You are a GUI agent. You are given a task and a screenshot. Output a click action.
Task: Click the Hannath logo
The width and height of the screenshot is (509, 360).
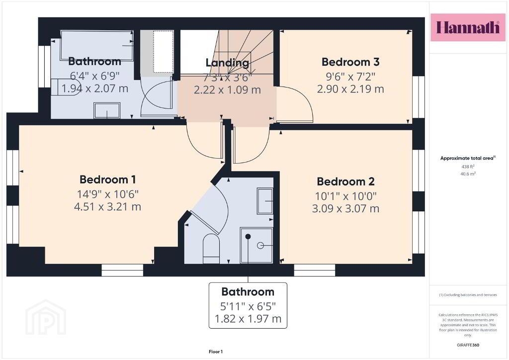click(x=468, y=27)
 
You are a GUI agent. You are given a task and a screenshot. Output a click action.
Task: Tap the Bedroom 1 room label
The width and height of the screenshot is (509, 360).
click(x=107, y=180)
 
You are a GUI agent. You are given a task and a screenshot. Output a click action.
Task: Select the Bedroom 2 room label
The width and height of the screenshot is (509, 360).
click(x=346, y=181)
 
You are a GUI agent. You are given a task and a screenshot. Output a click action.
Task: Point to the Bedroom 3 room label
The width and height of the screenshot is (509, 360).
click(x=350, y=62)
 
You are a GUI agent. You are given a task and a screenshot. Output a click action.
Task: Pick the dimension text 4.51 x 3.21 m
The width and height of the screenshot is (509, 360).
click(x=107, y=207)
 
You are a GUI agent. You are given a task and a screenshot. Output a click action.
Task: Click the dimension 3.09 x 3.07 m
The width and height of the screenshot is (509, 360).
click(x=346, y=208)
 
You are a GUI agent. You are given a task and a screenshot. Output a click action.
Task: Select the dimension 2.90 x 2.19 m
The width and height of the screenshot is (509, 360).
click(x=350, y=89)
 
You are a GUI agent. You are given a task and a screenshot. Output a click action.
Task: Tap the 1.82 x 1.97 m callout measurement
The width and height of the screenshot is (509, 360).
click(x=248, y=319)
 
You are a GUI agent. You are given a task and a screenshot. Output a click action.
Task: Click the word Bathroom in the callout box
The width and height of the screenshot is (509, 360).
click(x=248, y=292)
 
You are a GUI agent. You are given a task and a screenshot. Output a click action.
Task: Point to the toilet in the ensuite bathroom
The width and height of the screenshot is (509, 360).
click(x=211, y=249)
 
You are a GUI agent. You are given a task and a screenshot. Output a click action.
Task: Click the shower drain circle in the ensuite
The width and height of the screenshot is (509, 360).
click(x=260, y=246)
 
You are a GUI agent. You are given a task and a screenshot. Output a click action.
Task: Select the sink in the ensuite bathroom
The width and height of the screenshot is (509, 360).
click(x=265, y=201)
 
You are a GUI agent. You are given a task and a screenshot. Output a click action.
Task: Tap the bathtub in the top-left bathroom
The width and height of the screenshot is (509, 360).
click(x=97, y=45)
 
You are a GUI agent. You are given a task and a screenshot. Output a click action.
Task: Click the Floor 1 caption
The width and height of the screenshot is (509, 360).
click(x=216, y=352)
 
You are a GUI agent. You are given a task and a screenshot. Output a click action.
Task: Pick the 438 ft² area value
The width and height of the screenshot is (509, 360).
click(x=468, y=167)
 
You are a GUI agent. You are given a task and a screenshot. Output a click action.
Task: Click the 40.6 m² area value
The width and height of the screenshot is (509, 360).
click(x=468, y=174)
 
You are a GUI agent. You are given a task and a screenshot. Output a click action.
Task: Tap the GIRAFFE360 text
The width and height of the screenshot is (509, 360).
click(x=468, y=345)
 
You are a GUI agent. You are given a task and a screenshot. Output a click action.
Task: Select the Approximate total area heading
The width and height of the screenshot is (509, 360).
click(x=468, y=158)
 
